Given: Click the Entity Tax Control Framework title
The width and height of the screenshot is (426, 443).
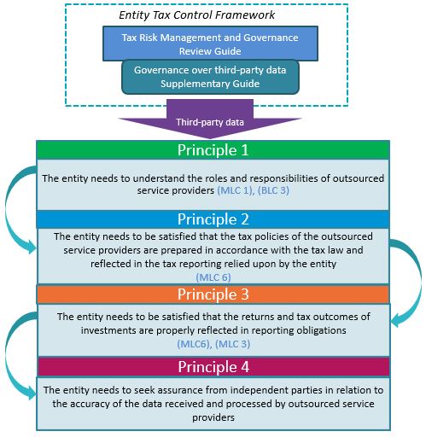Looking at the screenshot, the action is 196,15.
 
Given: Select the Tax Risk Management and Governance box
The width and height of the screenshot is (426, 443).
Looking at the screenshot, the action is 210,44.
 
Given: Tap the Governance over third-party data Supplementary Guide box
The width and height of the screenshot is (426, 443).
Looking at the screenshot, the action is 210,77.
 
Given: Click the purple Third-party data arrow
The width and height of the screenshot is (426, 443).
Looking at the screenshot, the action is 210,119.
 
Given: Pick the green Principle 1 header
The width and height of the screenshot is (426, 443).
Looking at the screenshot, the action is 213,150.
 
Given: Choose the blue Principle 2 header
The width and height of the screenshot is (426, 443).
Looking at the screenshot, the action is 213,219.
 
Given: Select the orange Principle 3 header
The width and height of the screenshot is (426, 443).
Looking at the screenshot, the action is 213,294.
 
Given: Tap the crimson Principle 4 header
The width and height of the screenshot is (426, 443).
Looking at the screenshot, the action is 213,367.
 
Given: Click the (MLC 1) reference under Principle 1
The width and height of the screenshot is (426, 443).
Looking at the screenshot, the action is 236,190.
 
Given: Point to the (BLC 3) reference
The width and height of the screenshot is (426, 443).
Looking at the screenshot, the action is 273,190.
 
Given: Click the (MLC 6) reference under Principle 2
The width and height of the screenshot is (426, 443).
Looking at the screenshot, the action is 213,277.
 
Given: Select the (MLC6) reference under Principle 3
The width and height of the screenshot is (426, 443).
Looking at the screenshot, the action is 194,344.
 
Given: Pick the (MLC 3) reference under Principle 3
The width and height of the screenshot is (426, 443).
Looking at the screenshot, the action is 232,344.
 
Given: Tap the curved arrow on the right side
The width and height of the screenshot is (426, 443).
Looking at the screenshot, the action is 419,282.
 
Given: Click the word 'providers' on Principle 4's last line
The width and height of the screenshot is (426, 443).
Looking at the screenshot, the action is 213,417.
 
